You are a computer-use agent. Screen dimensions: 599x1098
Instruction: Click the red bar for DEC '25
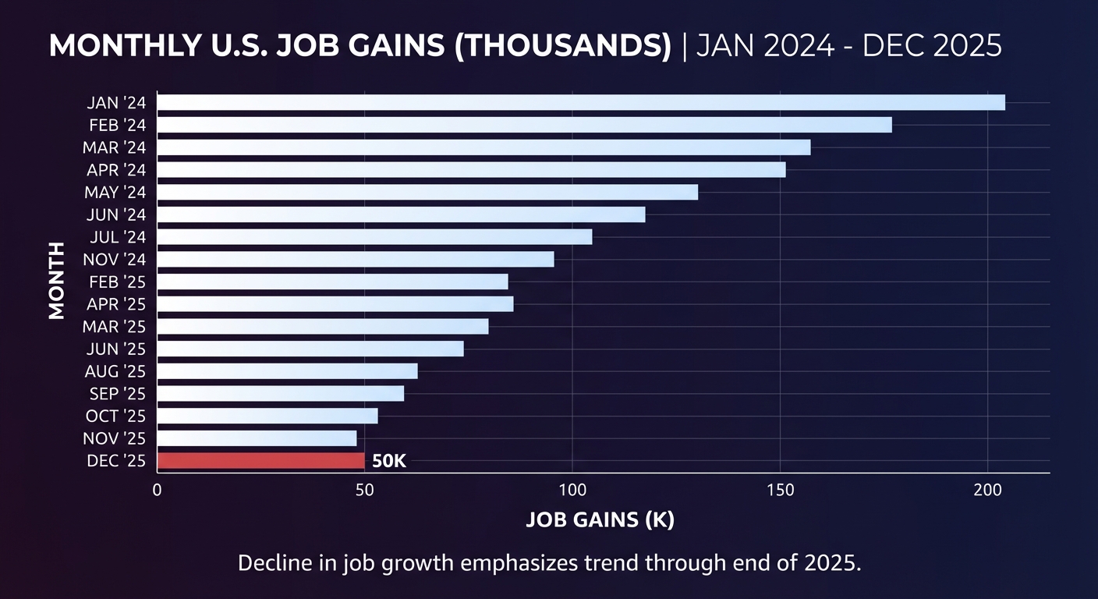click(x=260, y=461)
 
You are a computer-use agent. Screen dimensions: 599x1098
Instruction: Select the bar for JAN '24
click(x=581, y=102)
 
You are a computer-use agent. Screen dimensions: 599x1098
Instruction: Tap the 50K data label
click(x=389, y=461)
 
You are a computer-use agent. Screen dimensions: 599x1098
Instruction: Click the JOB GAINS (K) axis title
click(x=600, y=520)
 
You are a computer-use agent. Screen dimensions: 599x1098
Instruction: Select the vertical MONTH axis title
click(x=56, y=281)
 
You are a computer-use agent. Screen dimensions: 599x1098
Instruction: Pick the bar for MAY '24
click(x=427, y=192)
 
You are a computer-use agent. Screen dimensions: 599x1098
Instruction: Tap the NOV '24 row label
click(x=114, y=260)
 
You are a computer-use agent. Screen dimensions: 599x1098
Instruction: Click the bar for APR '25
click(x=335, y=304)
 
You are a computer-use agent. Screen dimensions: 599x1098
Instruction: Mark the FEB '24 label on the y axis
click(x=117, y=125)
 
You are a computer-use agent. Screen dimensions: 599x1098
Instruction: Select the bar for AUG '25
click(x=287, y=371)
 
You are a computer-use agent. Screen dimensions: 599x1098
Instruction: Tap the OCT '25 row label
click(x=115, y=416)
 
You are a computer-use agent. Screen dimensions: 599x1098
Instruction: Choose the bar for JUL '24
click(x=374, y=237)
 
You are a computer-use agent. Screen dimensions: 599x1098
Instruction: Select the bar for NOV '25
click(x=257, y=438)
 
